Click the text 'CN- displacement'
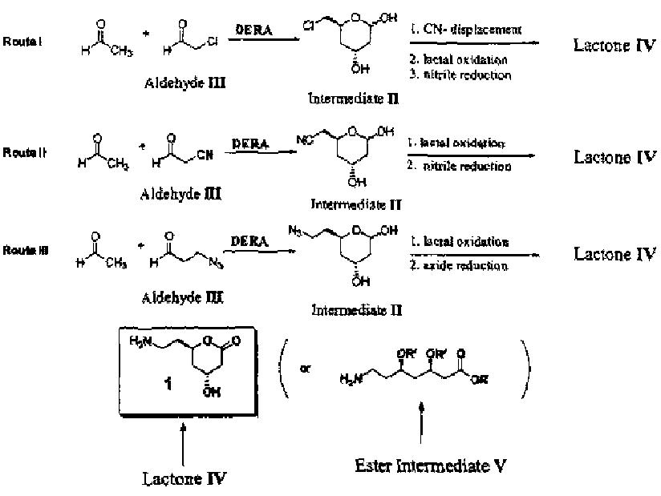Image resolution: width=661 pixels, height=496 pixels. pyautogui.click(x=464, y=30)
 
